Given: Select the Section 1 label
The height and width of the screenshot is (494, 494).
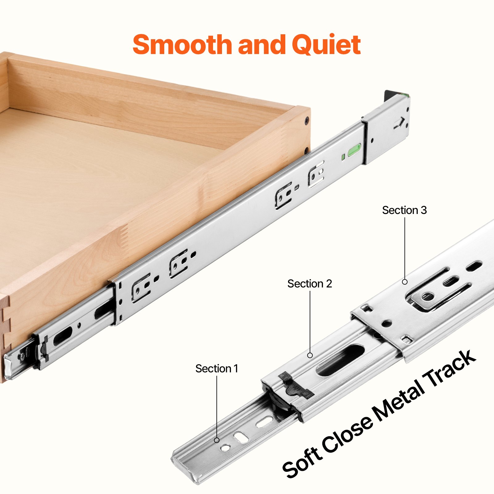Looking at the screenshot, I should (x=217, y=369).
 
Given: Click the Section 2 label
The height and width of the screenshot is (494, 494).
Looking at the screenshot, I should (x=309, y=284).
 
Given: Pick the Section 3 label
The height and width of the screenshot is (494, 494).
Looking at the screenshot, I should (x=404, y=210).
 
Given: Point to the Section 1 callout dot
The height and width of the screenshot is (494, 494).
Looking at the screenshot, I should (x=217, y=440).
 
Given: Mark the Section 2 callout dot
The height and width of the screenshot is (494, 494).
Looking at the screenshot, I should (x=310, y=355).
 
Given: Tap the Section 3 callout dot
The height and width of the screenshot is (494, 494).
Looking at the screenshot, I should (x=405, y=282).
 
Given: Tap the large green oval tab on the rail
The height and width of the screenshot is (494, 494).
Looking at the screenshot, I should (x=354, y=150).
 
